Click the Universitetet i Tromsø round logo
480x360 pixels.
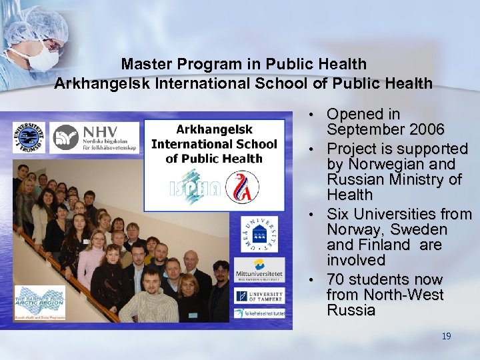coord(29,137)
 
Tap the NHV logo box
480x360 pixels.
coord(95,137)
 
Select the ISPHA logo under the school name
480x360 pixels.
coord(194,187)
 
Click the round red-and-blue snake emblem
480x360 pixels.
coord(242,186)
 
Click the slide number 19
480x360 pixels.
coord(446,336)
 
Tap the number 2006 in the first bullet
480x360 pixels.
coord(425,129)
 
